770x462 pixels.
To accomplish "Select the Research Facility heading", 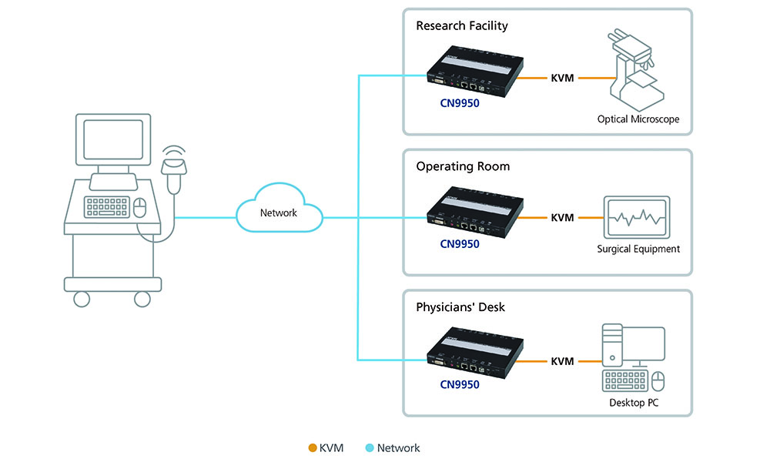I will click(x=462, y=25).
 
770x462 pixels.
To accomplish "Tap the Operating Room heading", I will click(x=463, y=166).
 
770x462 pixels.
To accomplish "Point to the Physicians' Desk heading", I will click(x=460, y=307).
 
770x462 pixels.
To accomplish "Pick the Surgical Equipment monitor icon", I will click(x=637, y=217).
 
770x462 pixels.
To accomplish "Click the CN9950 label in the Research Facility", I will click(x=460, y=102).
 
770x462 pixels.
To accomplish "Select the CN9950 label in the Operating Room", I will click(x=460, y=244).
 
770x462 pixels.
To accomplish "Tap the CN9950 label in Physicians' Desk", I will click(x=460, y=384).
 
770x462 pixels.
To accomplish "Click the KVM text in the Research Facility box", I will click(x=562, y=78).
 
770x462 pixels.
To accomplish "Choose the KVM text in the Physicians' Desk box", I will click(x=562, y=360).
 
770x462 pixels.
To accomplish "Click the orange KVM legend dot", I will click(x=312, y=447).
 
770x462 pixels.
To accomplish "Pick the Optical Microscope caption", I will click(x=638, y=119).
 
